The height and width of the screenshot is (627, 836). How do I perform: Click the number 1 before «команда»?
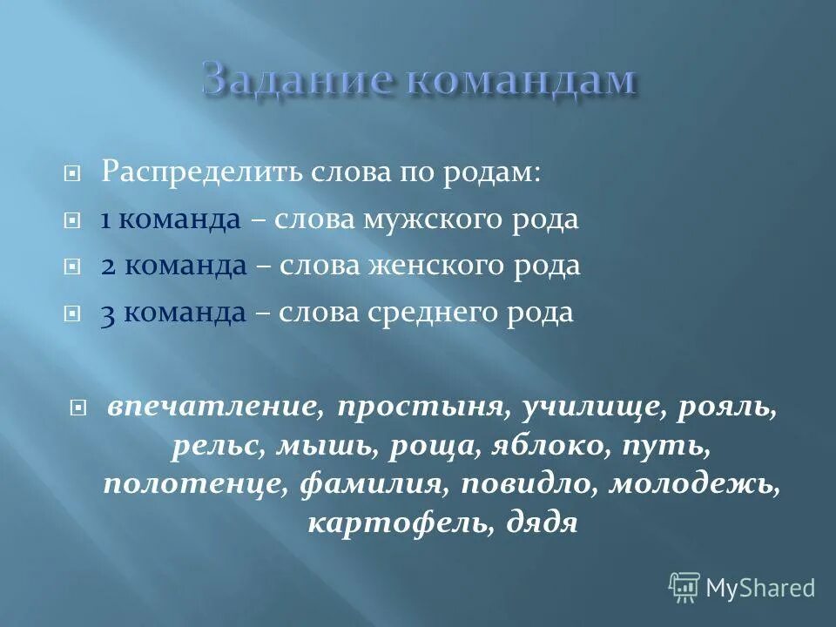pyautogui.click(x=105, y=220)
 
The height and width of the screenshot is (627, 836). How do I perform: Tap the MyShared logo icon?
pyautogui.click(x=684, y=587)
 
